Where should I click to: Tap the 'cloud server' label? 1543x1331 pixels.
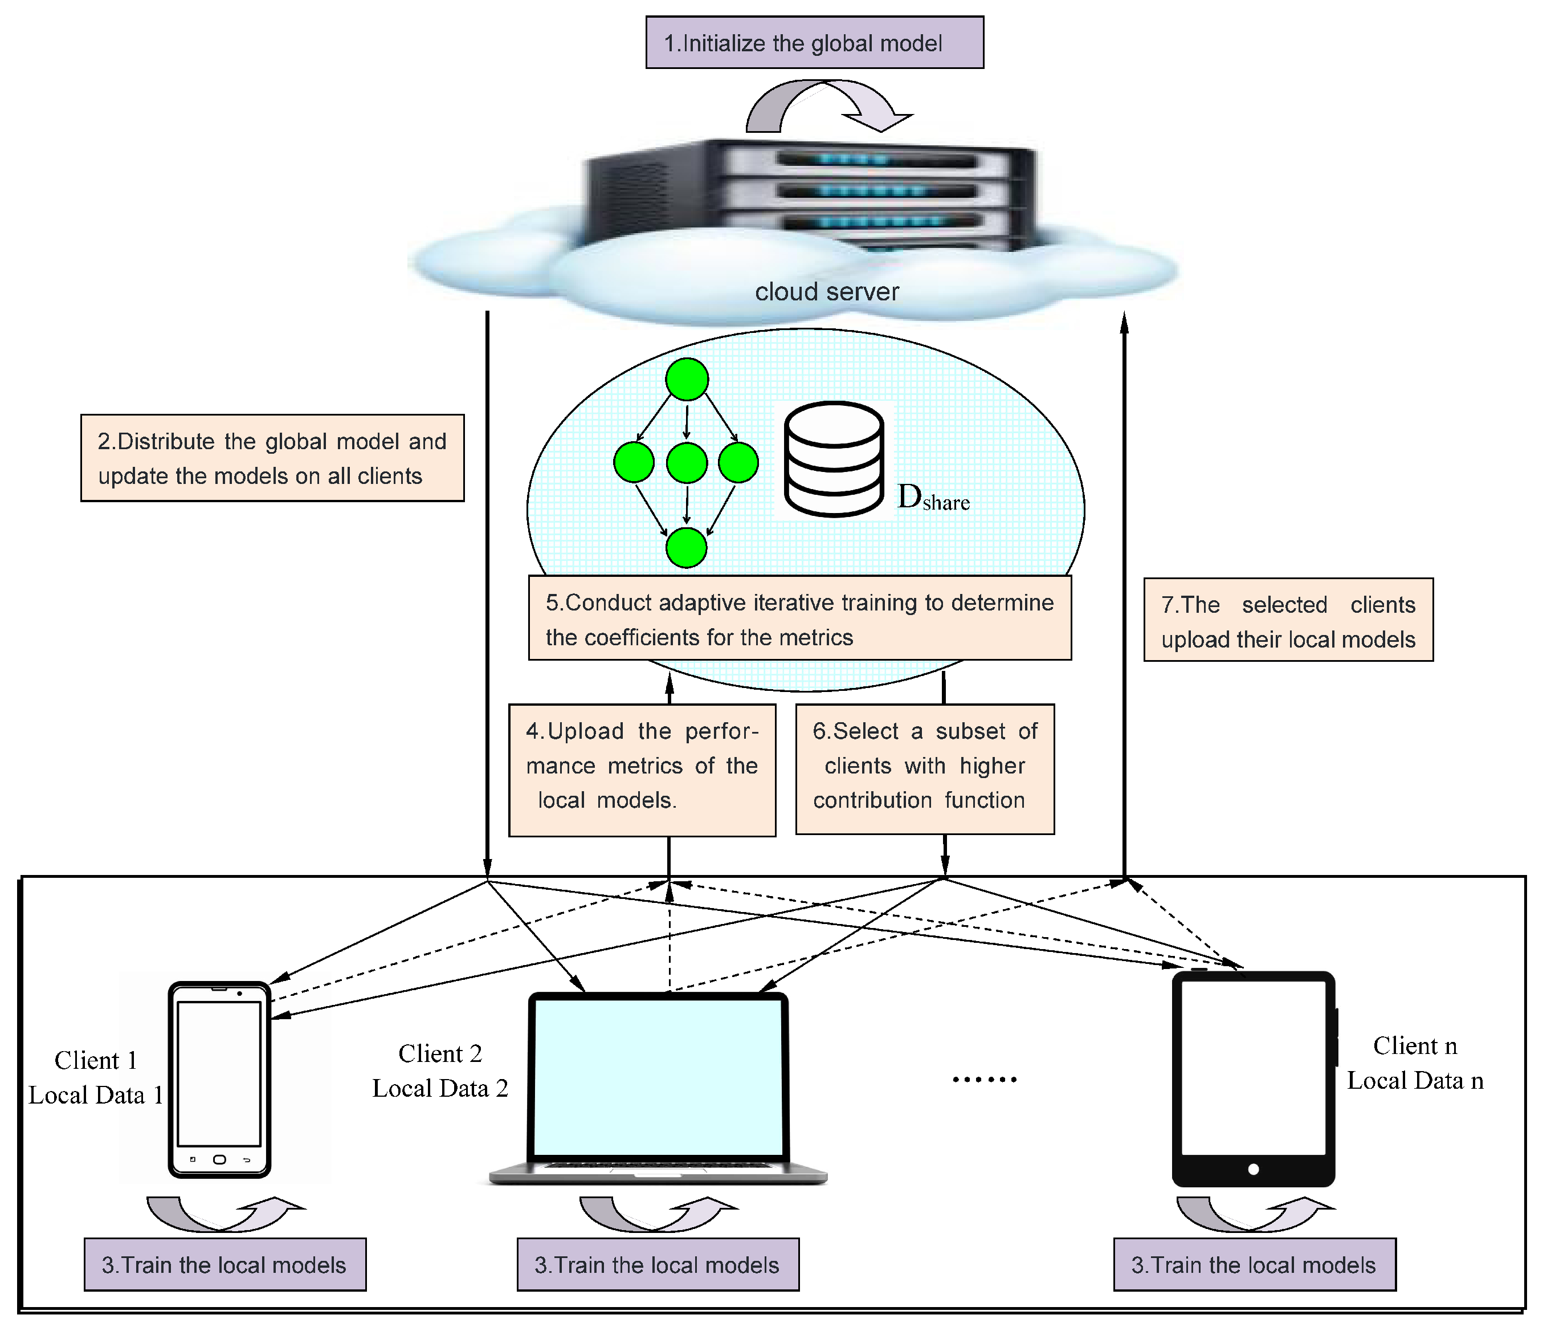pyautogui.click(x=827, y=291)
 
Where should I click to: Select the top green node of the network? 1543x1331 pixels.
pyautogui.click(x=686, y=379)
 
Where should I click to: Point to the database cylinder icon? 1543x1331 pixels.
pyautogui.click(x=834, y=459)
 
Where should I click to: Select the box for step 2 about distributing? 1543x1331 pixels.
pyautogui.click(x=272, y=458)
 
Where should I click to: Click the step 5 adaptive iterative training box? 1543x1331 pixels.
pyautogui.click(x=799, y=618)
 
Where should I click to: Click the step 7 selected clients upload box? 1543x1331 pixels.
pyautogui.click(x=1288, y=620)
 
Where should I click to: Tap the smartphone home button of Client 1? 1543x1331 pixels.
pyautogui.click(x=219, y=1159)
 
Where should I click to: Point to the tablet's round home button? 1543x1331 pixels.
pyautogui.click(x=1254, y=1169)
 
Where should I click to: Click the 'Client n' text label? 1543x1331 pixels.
pyautogui.click(x=1414, y=1046)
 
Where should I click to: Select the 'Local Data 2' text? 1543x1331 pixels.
pyautogui.click(x=440, y=1089)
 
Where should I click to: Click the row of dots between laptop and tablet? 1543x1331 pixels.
pyautogui.click(x=985, y=1079)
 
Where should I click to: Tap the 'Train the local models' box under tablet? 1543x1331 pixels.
pyautogui.click(x=1254, y=1265)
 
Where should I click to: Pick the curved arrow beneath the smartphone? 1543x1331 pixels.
pyautogui.click(x=223, y=1214)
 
